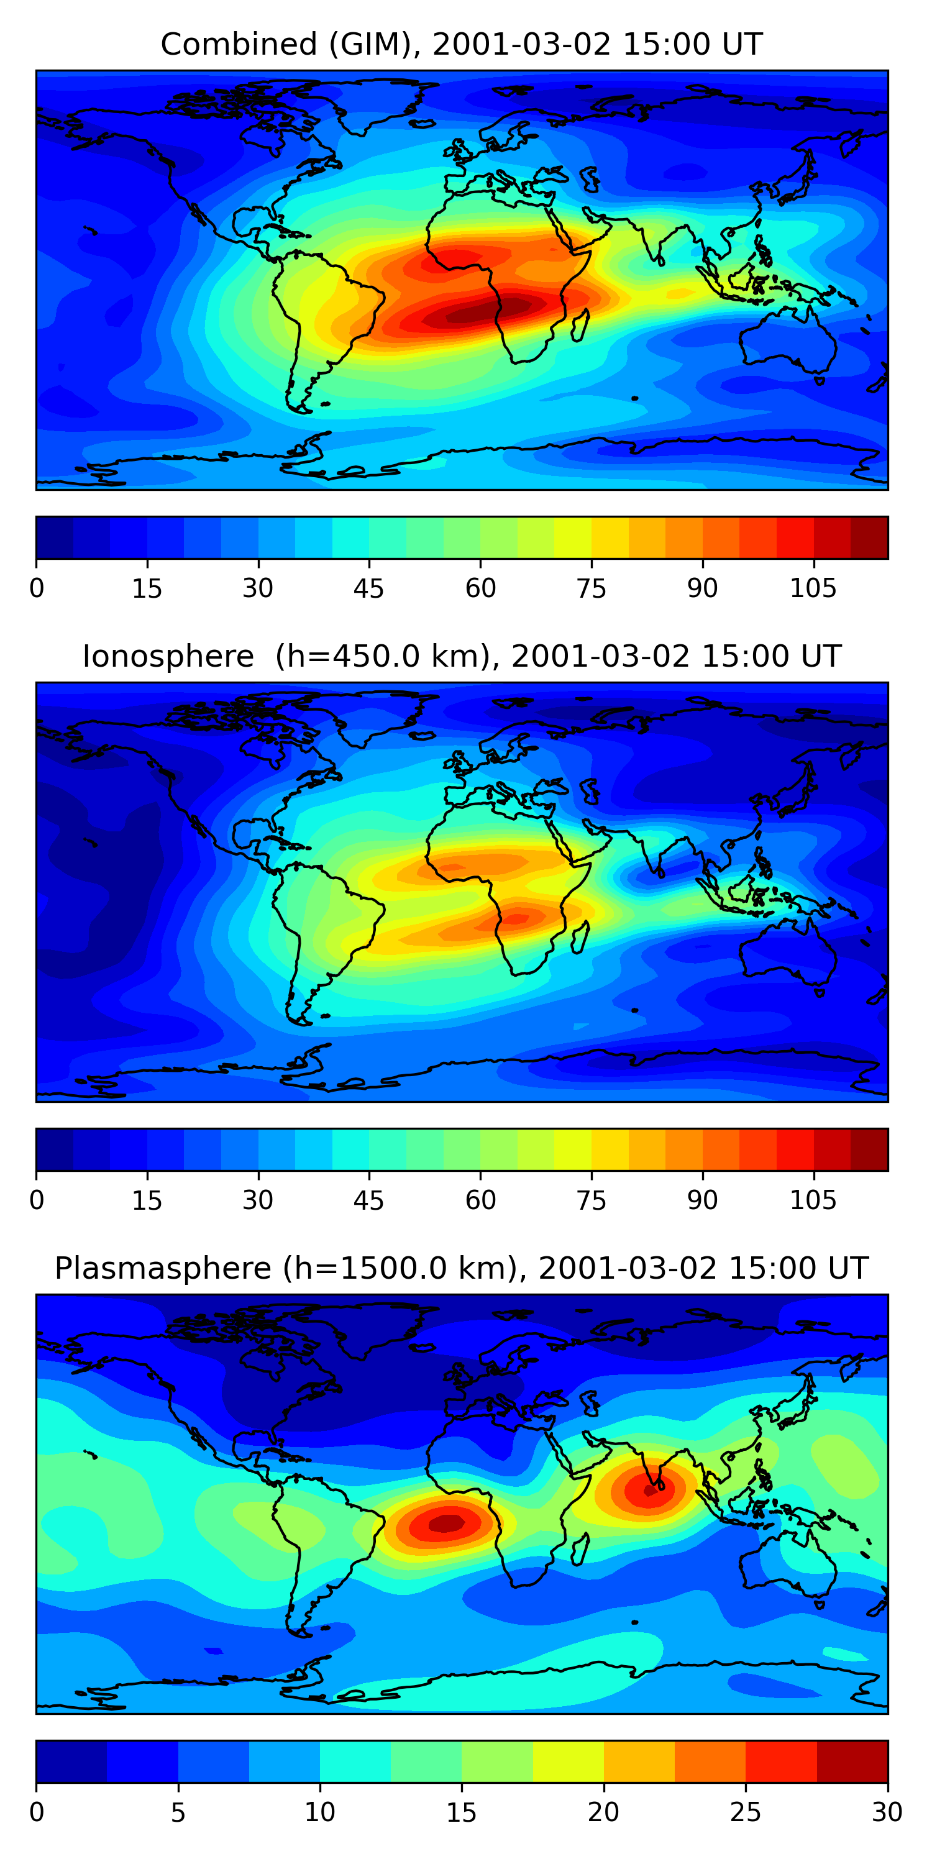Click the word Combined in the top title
pos(238,45)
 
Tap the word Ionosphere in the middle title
pos(168,656)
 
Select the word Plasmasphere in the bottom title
pos(162,1269)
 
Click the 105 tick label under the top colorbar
pos(813,589)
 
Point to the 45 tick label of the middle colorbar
pos(368,1200)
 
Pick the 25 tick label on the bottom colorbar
pos(746,1812)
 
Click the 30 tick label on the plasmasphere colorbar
pos(887,1812)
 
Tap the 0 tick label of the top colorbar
pos(37,589)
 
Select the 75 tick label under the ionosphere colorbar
pos(591,1200)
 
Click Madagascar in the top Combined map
pos(579,326)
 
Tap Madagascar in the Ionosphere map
pos(579,937)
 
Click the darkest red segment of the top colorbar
pos(869,537)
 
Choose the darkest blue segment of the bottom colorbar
pos(71,1761)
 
